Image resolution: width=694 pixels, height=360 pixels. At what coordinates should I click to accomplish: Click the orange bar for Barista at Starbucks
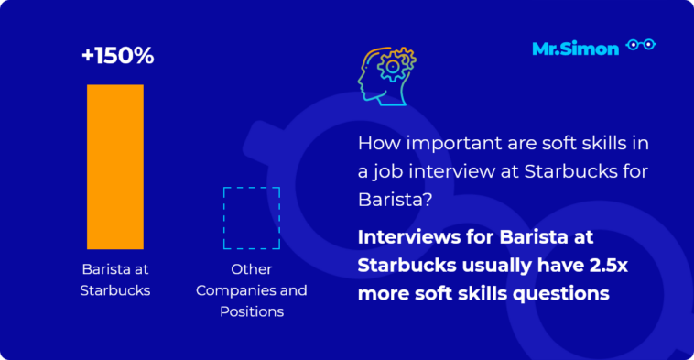(114, 166)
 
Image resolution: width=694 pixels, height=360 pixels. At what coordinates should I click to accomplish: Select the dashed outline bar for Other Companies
(252, 218)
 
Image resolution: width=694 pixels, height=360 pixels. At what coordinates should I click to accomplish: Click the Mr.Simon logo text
(575, 49)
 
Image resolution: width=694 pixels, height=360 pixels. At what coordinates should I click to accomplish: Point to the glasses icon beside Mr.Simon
(641, 46)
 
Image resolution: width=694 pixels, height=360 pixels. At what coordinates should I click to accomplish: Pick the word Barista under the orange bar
(100, 271)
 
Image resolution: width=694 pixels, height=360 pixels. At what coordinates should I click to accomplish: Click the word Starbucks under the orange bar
(115, 291)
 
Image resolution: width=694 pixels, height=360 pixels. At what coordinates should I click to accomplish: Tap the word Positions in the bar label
(252, 312)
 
